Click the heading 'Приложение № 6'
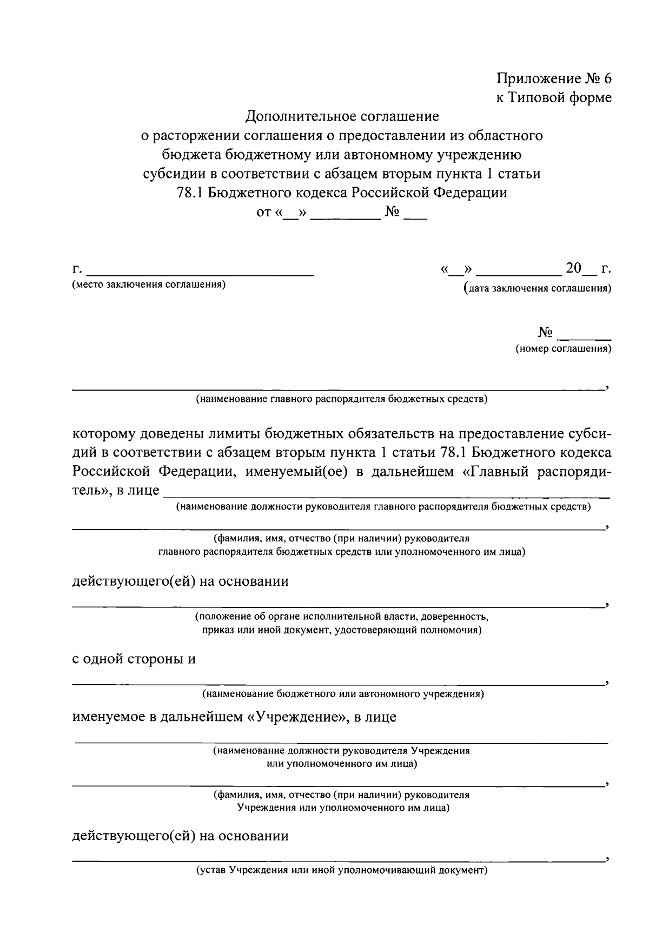pyautogui.click(x=554, y=78)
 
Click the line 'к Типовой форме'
pyautogui.click(x=554, y=97)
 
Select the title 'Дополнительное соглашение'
pyautogui.click(x=342, y=116)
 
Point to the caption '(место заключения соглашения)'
pyautogui.click(x=149, y=285)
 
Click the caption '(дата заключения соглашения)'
pyautogui.click(x=538, y=288)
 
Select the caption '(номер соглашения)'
pyautogui.click(x=563, y=349)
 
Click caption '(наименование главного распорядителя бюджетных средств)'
pyautogui.click(x=342, y=400)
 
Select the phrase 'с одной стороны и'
pyautogui.click(x=134, y=659)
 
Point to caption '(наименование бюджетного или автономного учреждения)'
pyautogui.click(x=342, y=693)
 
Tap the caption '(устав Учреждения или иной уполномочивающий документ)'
pyautogui.click(x=342, y=871)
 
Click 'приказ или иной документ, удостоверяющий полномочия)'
pyautogui.click(x=342, y=630)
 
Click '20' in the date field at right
pyautogui.click(x=573, y=268)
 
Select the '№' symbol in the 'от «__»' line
pyautogui.click(x=392, y=213)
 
